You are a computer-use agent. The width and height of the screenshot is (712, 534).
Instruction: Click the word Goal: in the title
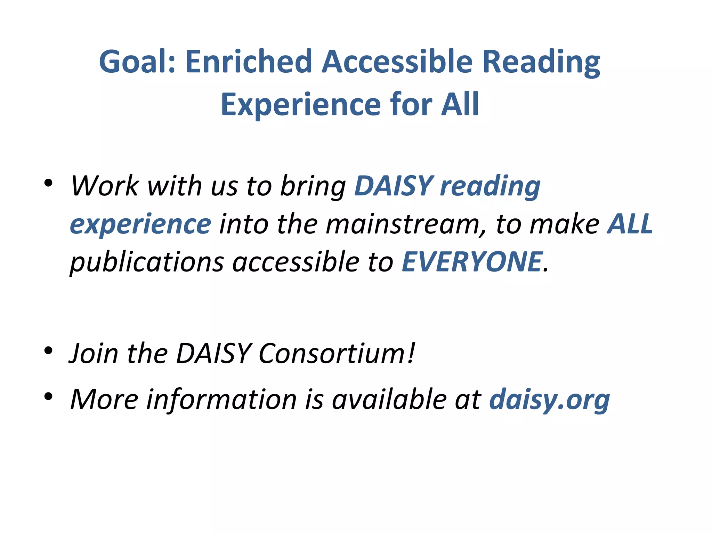[137, 62]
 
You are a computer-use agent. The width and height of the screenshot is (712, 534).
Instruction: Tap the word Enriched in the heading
[248, 62]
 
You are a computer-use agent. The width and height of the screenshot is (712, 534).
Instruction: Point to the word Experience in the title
[301, 105]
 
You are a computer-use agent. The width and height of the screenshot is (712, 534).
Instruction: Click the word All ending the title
[460, 105]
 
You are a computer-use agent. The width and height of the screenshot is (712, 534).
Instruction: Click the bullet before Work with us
[48, 183]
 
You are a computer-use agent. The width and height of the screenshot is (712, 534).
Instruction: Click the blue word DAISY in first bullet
[393, 186]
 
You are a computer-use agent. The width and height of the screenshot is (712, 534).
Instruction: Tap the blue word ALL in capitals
[630, 224]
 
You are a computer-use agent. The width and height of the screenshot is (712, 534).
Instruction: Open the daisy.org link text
[549, 400]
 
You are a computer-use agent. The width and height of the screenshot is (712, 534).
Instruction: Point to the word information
[221, 399]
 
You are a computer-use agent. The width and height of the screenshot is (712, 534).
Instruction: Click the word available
[389, 399]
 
